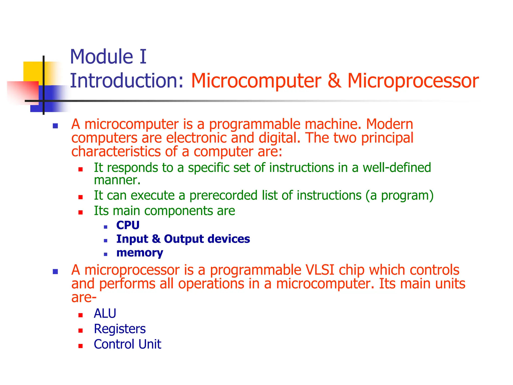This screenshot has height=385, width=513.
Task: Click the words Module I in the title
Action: (108, 57)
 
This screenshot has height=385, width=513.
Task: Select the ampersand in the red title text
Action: (334, 81)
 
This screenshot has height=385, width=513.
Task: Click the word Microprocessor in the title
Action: (413, 81)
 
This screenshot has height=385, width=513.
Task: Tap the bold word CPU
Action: (128, 225)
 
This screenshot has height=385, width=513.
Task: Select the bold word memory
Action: (140, 253)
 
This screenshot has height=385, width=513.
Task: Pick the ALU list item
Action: (105, 313)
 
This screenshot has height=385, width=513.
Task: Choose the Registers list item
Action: (120, 329)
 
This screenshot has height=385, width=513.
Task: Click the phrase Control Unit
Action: (127, 344)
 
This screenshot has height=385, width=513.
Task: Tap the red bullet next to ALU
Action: (80, 315)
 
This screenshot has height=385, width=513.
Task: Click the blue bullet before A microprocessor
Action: (55, 271)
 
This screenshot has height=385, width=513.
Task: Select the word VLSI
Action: (320, 270)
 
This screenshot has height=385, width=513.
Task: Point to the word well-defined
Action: (397, 167)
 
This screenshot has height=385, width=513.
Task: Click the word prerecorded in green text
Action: (223, 195)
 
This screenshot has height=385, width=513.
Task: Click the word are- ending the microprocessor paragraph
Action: (84, 298)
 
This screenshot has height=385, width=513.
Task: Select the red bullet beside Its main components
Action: (80, 213)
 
